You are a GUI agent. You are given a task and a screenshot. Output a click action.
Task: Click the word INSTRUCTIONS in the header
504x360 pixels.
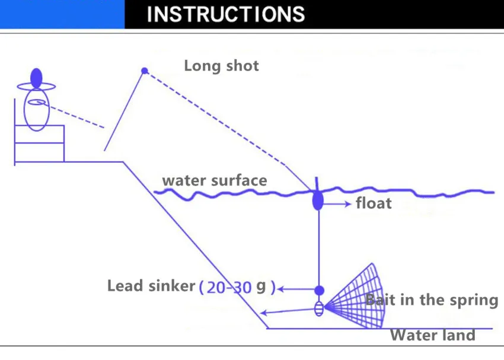click(226, 14)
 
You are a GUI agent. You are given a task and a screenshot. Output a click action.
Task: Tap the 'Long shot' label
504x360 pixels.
click(221, 65)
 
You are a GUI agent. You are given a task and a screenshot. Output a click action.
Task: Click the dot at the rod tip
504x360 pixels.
click(144, 71)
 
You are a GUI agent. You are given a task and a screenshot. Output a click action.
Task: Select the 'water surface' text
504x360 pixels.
click(215, 180)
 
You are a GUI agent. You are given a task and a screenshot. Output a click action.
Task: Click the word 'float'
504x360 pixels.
click(374, 204)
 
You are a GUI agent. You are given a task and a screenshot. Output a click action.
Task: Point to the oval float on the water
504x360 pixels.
click(318, 200)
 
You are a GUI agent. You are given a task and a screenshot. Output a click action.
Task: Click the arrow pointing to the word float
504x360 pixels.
click(338, 204)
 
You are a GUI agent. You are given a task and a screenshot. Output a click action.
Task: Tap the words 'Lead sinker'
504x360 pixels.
click(151, 286)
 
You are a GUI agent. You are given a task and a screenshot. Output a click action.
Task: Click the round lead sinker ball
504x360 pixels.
click(319, 291)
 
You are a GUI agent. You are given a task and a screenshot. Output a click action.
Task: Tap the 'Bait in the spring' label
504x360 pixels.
click(432, 300)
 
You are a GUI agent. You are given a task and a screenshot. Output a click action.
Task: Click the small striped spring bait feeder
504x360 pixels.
click(319, 308)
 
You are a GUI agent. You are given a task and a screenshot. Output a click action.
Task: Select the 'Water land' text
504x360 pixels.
click(432, 335)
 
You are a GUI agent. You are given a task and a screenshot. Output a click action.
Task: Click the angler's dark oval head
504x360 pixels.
click(37, 77)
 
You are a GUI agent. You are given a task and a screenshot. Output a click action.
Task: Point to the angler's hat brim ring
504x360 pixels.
click(37, 87)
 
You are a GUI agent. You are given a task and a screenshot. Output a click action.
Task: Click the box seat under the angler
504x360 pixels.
click(39, 143)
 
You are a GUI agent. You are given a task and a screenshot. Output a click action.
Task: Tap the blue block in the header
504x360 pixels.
click(62, 14)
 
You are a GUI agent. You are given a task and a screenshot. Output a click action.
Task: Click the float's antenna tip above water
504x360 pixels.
click(317, 181)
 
